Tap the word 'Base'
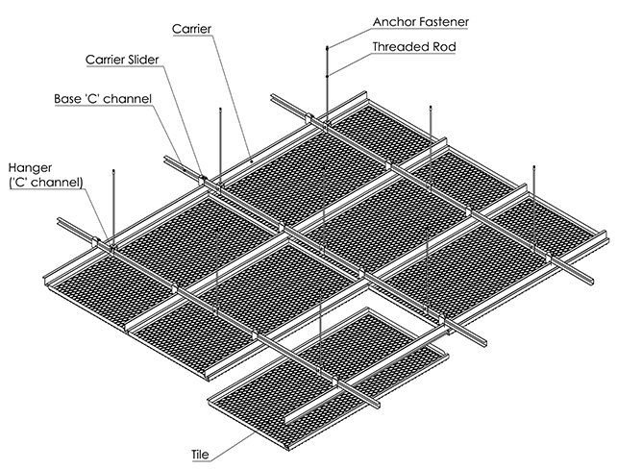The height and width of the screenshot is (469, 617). point(66,97)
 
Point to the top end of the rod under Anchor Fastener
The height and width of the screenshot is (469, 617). point(331,45)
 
